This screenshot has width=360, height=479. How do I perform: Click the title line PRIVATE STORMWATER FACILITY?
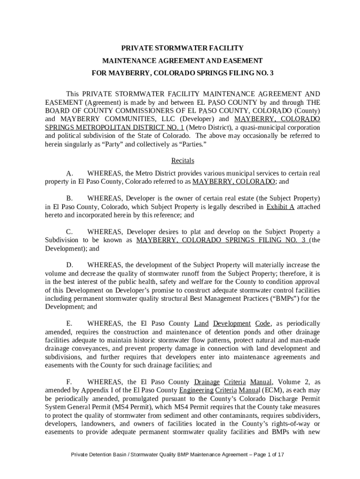[x=182, y=48]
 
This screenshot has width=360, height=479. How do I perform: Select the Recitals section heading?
[x=182, y=160]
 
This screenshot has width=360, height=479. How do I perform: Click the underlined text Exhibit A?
[x=280, y=206]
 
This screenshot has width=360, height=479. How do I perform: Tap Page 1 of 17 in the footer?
[x=267, y=454]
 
